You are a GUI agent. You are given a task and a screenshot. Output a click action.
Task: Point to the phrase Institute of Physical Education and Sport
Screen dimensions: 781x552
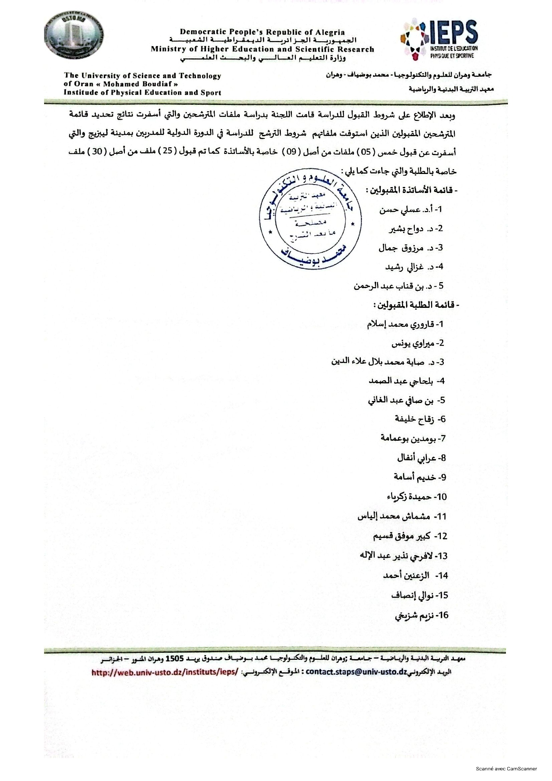[143, 92]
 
